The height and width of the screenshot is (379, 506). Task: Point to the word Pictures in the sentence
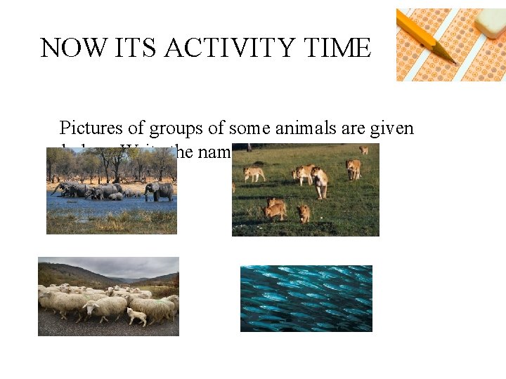(87, 128)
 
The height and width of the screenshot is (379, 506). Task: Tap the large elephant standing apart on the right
(159, 190)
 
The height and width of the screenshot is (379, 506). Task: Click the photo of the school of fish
(306, 298)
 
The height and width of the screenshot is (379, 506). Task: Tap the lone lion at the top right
(363, 149)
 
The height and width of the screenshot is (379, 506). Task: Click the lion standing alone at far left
(254, 173)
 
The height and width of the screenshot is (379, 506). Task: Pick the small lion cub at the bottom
(303, 213)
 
